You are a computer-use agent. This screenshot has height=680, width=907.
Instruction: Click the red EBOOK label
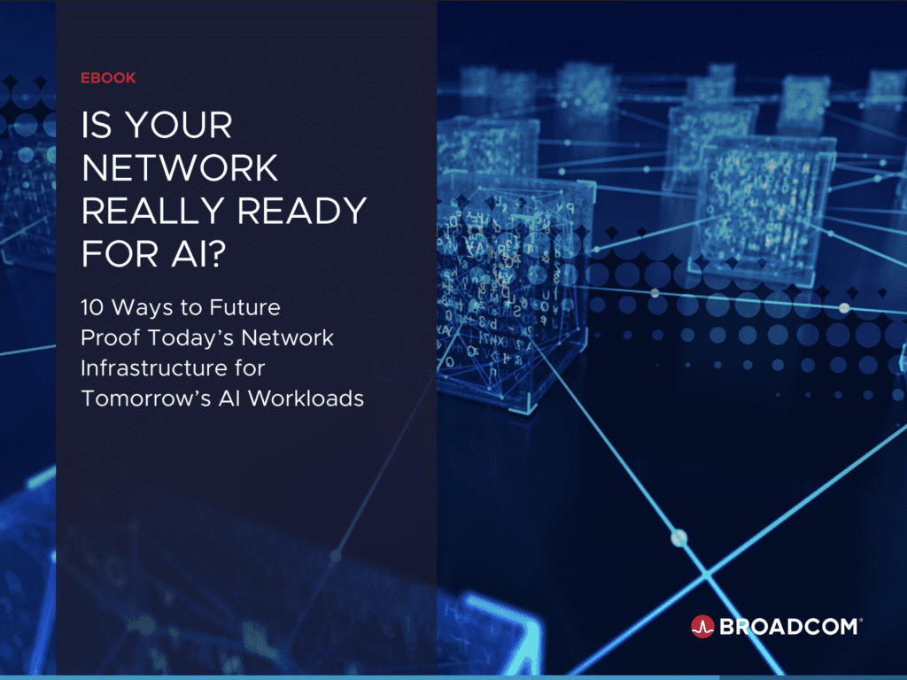click(x=108, y=78)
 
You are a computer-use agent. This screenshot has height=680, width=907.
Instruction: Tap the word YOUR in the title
click(x=179, y=125)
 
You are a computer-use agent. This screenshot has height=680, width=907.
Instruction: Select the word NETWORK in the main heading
click(x=180, y=167)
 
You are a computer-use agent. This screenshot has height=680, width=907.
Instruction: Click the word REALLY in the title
click(x=152, y=211)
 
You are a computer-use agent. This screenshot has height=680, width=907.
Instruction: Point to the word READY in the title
click(x=302, y=211)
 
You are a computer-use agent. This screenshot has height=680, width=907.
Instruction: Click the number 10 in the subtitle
click(x=92, y=307)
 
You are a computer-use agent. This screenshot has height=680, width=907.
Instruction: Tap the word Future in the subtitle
click(x=244, y=307)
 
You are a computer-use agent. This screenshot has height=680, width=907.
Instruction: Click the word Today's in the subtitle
click(x=191, y=337)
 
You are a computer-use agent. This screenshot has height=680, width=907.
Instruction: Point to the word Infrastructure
click(x=153, y=368)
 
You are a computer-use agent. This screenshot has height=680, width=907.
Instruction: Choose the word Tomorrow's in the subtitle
click(x=146, y=398)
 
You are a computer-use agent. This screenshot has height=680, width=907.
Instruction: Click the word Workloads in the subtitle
click(x=306, y=398)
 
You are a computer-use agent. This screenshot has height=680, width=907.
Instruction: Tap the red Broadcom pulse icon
click(x=702, y=626)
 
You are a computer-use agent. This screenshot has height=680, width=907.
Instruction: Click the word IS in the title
click(x=97, y=125)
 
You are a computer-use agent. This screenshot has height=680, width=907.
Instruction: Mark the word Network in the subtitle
click(x=288, y=337)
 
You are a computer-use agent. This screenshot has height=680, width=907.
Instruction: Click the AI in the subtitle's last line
click(x=229, y=398)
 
